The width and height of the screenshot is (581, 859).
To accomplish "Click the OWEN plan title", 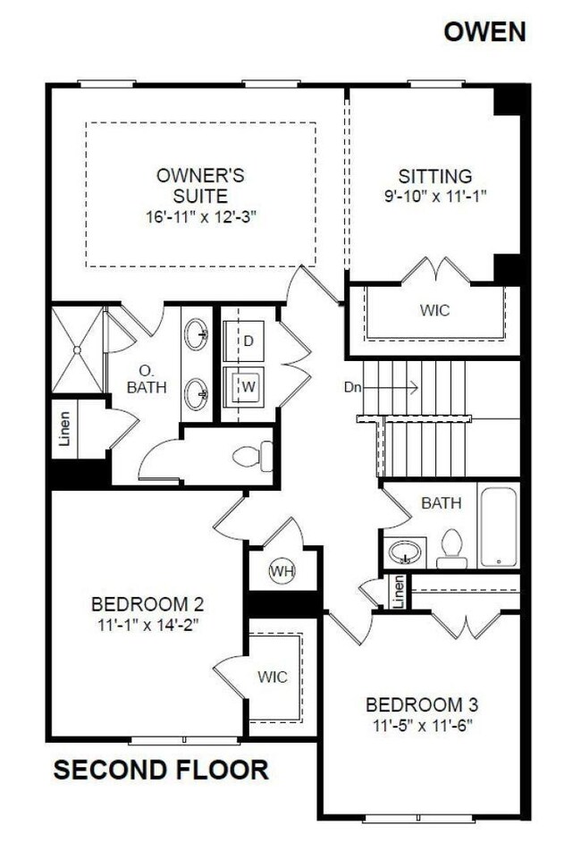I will point(485,32).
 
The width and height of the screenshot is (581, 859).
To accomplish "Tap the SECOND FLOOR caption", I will point(161,770).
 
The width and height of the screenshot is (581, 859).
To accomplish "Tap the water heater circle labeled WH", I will point(282,571).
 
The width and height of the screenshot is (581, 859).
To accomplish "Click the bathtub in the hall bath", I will point(497,526).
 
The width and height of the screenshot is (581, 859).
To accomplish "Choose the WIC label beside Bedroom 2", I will point(273,677).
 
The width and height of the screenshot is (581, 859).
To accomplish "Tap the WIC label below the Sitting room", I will point(434,310).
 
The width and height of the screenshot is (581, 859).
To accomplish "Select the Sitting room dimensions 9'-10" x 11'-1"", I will point(435,194).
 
